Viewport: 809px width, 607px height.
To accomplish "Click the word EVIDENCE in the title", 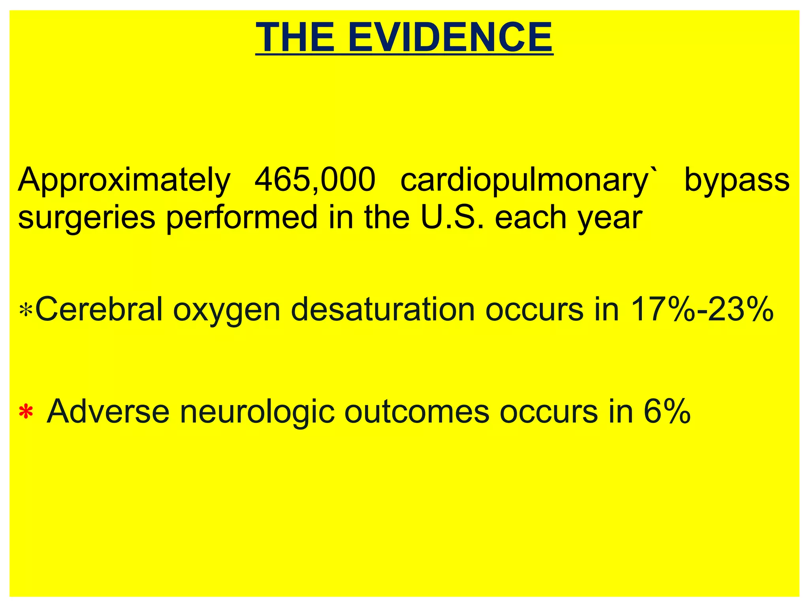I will (450, 37).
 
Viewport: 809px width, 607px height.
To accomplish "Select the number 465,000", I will (315, 180).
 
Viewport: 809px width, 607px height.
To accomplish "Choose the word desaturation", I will (383, 309).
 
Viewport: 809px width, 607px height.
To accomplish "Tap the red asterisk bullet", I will (26, 412).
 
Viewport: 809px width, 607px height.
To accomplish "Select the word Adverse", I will (108, 411).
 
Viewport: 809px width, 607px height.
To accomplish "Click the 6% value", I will (667, 411).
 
